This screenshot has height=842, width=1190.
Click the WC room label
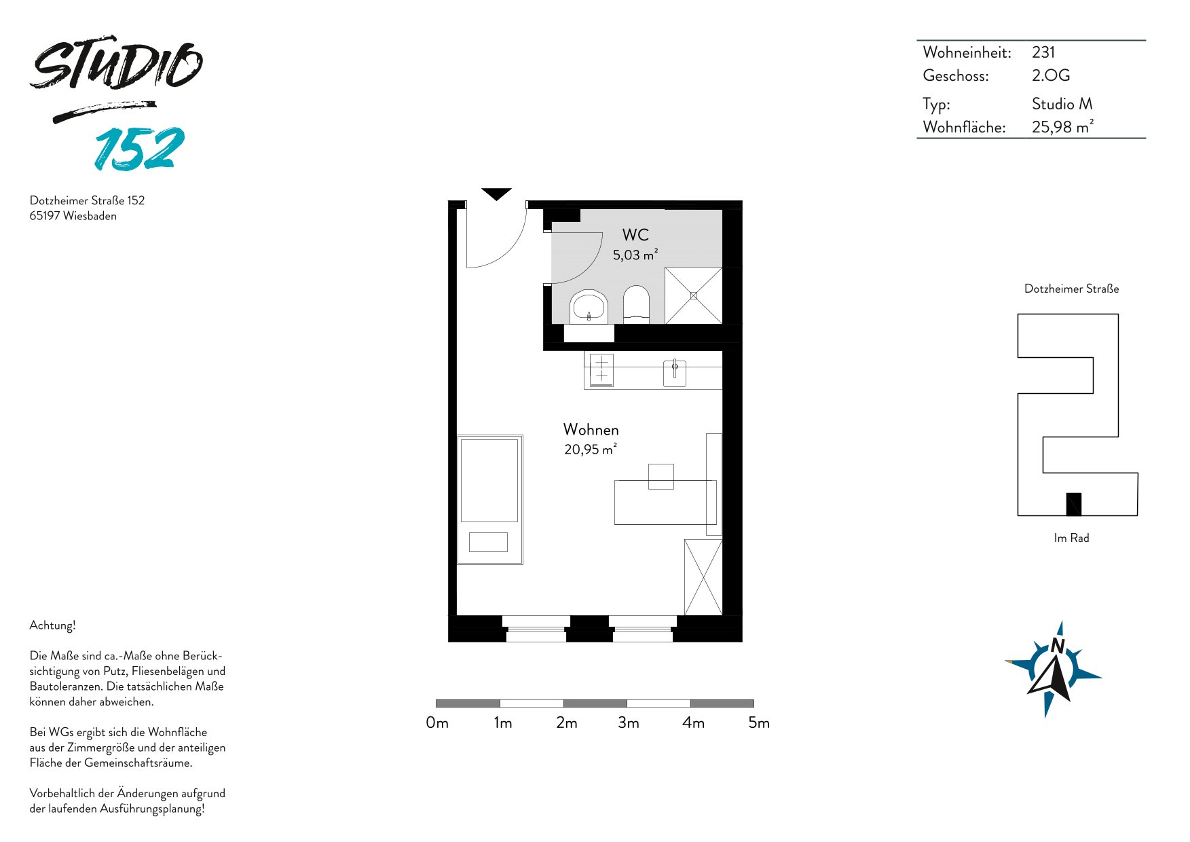click(635, 235)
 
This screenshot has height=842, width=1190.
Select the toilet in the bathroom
click(636, 304)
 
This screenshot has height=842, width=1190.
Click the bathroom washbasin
click(589, 307)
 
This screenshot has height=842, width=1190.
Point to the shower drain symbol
click(694, 295)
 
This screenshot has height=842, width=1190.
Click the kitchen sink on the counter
click(675, 373)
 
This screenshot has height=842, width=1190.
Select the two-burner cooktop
click(601, 370)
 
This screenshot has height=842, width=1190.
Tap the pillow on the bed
click(488, 542)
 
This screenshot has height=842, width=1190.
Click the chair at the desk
click(661, 476)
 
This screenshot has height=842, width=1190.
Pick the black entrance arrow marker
click(496, 194)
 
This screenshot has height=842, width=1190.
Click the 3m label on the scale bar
click(629, 722)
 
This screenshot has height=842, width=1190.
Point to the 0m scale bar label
click(437, 722)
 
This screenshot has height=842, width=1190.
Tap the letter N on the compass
click(1058, 645)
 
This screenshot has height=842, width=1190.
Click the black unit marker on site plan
click(1073, 504)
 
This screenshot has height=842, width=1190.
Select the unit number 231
click(1043, 52)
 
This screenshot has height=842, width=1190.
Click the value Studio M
click(1062, 104)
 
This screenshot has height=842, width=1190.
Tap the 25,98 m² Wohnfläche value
click(1062, 127)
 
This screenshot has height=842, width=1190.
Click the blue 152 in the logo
click(140, 148)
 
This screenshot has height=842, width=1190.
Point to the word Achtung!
click(53, 625)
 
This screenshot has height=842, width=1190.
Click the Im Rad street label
click(1071, 538)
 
